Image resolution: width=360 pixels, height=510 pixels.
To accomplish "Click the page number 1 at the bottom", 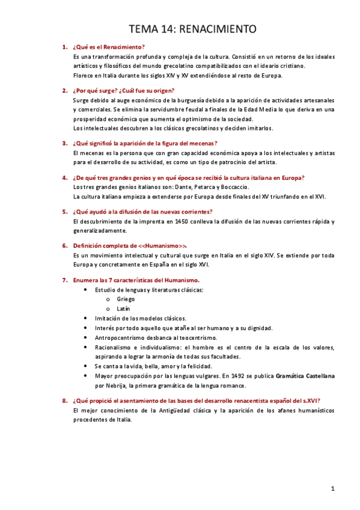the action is (x=332, y=489).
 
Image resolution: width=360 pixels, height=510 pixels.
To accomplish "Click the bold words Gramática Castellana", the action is (x=305, y=375).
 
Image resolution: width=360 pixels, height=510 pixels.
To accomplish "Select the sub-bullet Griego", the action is (x=126, y=299).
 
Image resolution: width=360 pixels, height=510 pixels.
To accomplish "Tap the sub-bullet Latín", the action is (x=123, y=309).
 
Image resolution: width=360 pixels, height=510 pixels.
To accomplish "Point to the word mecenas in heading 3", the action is (x=200, y=143).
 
